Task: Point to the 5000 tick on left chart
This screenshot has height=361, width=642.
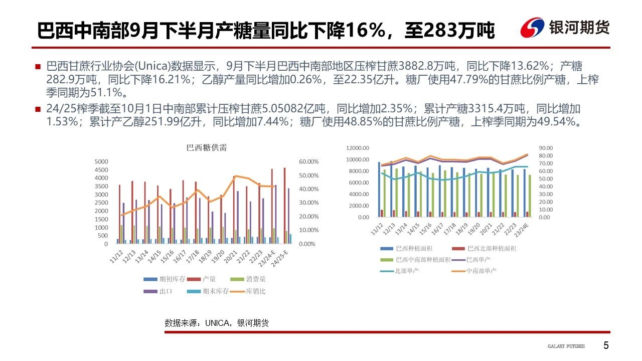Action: (101, 161)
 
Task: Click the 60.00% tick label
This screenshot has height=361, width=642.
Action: (308, 161)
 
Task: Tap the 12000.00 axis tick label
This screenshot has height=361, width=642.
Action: (357, 148)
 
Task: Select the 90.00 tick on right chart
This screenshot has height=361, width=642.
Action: (546, 148)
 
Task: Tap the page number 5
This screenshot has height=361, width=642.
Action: (606, 345)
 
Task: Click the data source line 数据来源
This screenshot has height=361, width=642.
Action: (217, 323)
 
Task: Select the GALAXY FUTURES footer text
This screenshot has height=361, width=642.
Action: (566, 346)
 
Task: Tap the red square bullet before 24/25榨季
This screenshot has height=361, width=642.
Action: (38, 109)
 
